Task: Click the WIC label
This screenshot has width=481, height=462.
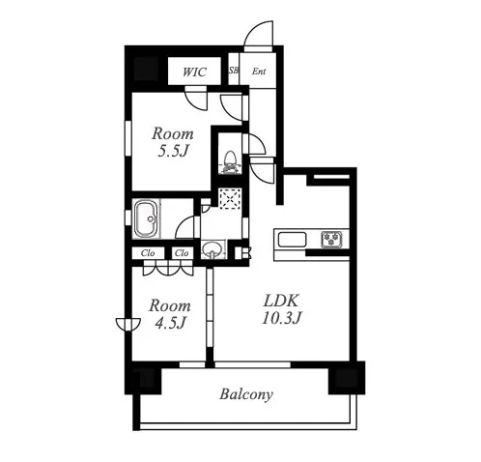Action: [x=194, y=72]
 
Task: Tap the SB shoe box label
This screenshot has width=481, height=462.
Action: [x=234, y=71]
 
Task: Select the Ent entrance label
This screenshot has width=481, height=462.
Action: [x=259, y=71]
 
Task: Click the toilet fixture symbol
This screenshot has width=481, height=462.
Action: [x=230, y=161]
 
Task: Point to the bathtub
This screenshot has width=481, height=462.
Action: [x=147, y=219]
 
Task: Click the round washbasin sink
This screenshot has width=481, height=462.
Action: [x=212, y=248]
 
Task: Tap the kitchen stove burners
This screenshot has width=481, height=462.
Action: [x=331, y=240]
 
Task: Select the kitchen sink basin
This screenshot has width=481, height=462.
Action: [x=292, y=240]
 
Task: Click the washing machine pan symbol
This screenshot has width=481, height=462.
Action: [x=230, y=199]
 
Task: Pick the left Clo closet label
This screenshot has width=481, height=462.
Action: [x=148, y=253]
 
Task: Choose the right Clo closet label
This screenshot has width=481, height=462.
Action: [x=182, y=253]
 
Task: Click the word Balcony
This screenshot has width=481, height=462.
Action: [x=246, y=394]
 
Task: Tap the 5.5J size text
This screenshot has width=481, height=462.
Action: [x=173, y=150]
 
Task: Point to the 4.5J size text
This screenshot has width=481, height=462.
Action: [x=170, y=322]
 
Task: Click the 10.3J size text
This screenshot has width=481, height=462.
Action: [x=282, y=318]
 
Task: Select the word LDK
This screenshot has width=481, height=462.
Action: [x=281, y=301]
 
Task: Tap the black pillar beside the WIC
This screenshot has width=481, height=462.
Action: [x=146, y=69]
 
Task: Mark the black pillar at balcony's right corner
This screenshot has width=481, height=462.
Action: [x=347, y=378]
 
